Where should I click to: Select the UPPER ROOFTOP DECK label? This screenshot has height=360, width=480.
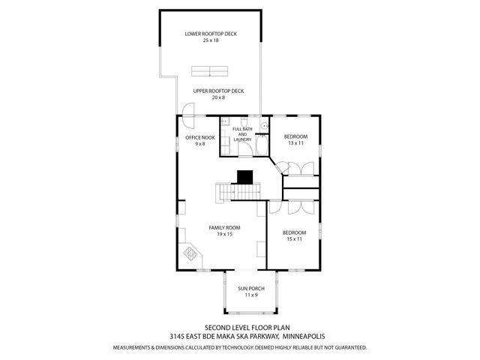click(x=217, y=91)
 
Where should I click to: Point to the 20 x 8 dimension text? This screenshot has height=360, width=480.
click(x=217, y=97)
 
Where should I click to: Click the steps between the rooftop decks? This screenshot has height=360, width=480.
click(x=210, y=71)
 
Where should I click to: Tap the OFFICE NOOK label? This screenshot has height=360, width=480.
click(x=199, y=137)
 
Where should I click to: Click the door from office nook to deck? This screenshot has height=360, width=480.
click(x=187, y=121)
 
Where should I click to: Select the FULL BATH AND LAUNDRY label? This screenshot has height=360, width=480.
click(x=242, y=135)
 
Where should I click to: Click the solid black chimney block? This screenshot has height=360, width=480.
click(x=245, y=177)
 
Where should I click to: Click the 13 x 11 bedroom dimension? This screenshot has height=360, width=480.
click(x=295, y=142)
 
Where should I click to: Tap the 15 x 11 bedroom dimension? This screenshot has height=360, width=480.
click(x=295, y=239)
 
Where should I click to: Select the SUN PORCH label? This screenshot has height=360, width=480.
click(x=248, y=288)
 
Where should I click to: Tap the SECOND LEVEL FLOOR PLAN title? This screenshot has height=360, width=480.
click(x=240, y=328)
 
